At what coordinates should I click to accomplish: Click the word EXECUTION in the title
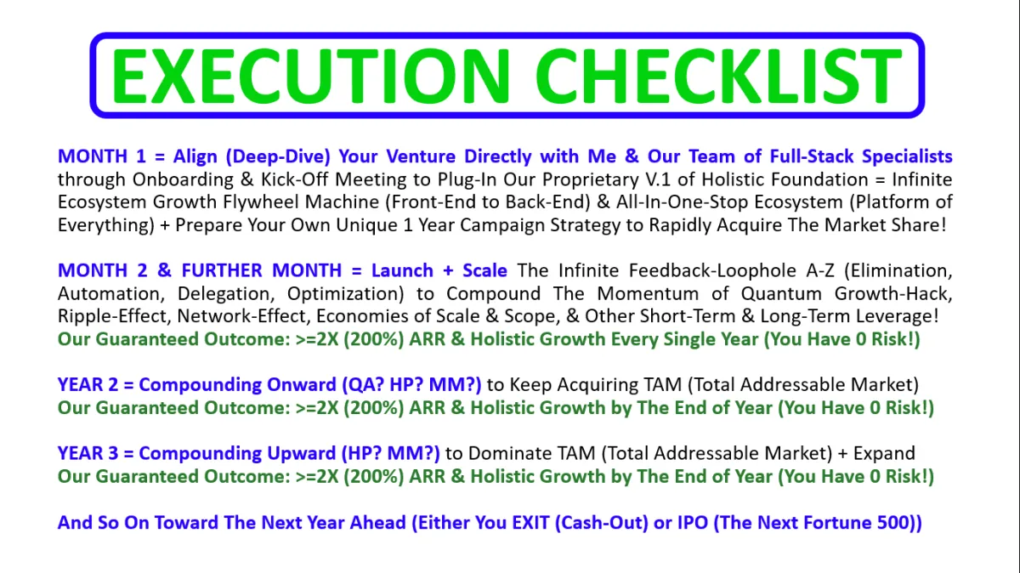pyautogui.click(x=309, y=76)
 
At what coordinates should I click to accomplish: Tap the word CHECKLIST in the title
pyautogui.click(x=718, y=76)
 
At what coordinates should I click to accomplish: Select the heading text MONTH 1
pyautogui.click(x=101, y=156)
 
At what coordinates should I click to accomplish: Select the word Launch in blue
pyautogui.click(x=402, y=270)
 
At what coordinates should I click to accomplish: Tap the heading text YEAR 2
pyautogui.click(x=88, y=385)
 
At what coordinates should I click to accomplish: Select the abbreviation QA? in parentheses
pyautogui.click(x=357, y=385)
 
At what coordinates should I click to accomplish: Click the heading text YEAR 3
pyautogui.click(x=88, y=454)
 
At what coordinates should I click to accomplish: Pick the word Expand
pyautogui.click(x=884, y=454)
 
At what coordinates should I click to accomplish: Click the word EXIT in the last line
pyautogui.click(x=531, y=523)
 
